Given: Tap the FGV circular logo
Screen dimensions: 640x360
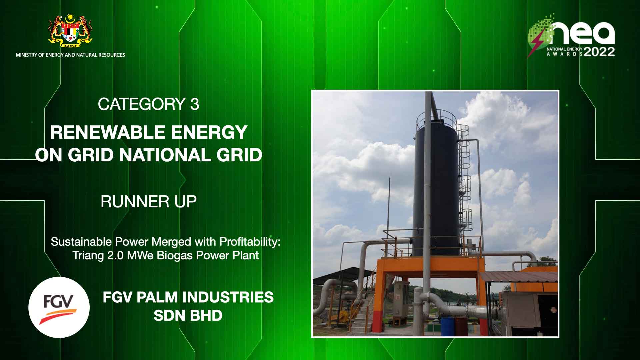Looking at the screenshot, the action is click(x=59, y=307).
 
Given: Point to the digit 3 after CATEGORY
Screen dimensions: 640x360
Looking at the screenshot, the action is click(x=195, y=104).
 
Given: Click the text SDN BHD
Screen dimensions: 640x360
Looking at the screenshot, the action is click(x=188, y=315).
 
